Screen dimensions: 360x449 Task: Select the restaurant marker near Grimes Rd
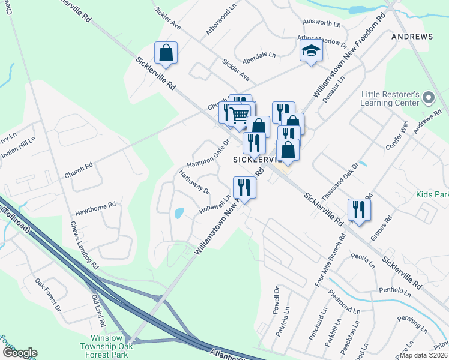point(358,210)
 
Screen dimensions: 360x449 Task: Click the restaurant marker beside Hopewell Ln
point(244,187)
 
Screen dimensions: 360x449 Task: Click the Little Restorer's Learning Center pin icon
point(428,97)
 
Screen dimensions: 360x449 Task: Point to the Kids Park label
point(432,195)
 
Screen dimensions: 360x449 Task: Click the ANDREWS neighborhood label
point(412,37)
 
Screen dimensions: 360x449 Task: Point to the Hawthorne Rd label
point(95,209)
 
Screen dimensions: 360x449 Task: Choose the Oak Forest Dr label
point(48,294)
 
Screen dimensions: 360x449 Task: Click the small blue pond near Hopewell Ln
point(178,213)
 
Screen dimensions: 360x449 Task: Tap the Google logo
point(19,353)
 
